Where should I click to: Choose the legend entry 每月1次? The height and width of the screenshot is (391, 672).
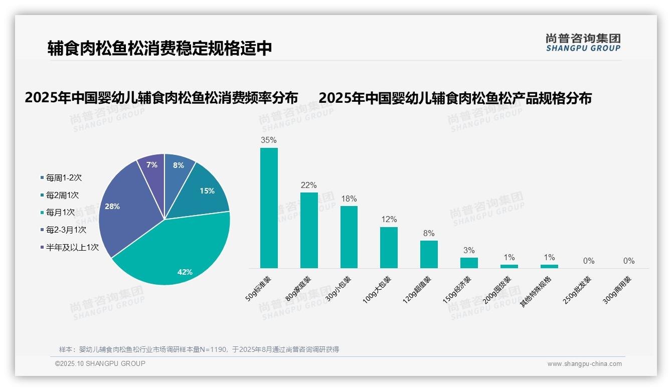tap(60, 213)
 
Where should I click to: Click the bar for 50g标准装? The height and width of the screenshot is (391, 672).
tap(269, 208)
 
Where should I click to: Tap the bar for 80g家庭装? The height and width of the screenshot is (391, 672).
tap(309, 231)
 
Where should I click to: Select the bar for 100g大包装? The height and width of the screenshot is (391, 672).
tap(389, 248)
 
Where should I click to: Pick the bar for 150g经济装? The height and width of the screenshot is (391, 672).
tap(469, 263)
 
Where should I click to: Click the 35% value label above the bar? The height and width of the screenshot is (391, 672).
tap(269, 140)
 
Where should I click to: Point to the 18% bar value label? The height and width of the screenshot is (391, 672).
tap(349, 199)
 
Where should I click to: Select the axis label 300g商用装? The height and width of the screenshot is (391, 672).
tap(617, 290)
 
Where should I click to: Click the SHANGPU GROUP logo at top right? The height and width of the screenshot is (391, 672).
tap(583, 43)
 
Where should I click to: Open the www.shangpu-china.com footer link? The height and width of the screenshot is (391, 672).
tap(584, 364)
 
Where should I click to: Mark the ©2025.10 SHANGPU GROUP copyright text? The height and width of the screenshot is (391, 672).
tap(100, 363)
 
